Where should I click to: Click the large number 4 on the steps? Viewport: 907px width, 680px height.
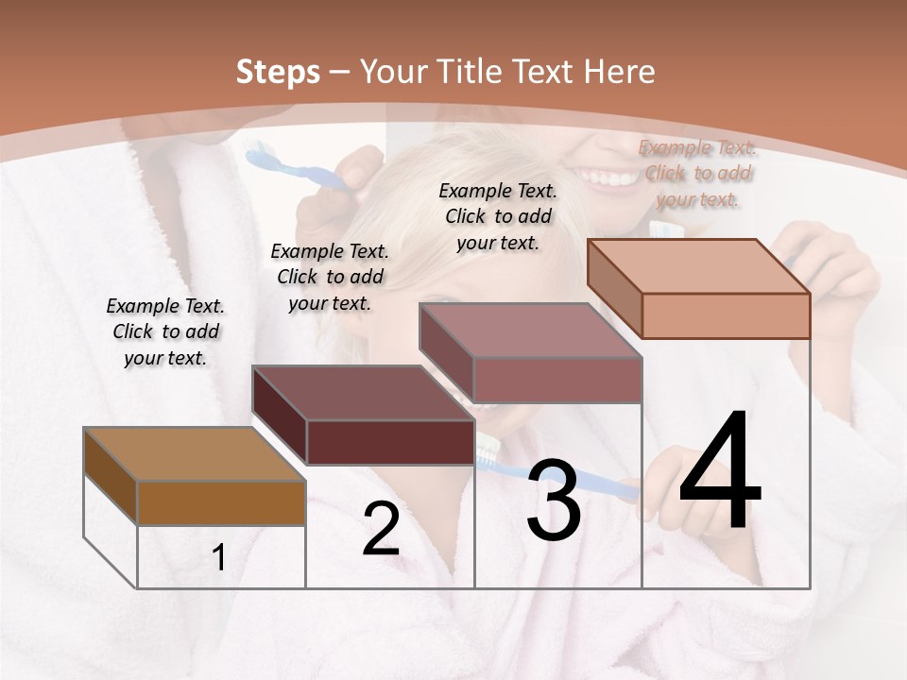[720, 474]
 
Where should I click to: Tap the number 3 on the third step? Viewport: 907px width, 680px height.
[553, 501]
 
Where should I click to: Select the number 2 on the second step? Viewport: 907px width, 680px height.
[381, 529]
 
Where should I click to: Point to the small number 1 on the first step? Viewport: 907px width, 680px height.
[219, 558]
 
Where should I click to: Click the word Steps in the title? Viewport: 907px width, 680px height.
[278, 72]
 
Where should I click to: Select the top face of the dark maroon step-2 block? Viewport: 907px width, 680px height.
[362, 393]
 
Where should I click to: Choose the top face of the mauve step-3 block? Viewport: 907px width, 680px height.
[529, 331]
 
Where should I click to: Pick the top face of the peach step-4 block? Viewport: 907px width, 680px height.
[698, 266]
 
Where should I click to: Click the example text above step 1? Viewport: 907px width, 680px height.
[165, 331]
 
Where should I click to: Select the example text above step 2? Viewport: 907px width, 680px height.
[330, 277]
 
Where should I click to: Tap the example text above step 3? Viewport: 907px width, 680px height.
[498, 216]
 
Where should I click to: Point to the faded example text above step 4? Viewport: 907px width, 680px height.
[698, 173]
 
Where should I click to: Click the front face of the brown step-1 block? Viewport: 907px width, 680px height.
[221, 503]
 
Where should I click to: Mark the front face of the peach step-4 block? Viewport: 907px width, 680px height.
[726, 315]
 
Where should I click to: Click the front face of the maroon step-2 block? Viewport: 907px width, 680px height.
[390, 442]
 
